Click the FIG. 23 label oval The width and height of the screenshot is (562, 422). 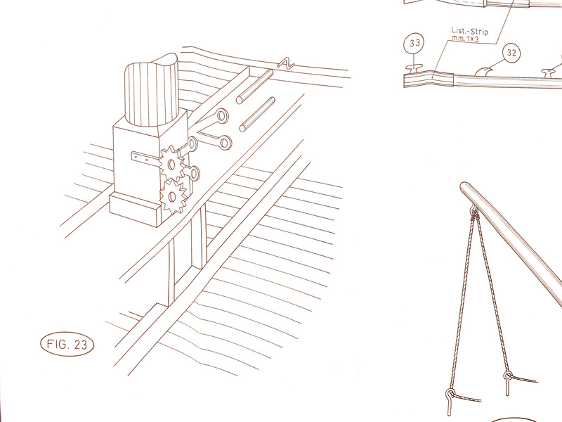pos(67,344)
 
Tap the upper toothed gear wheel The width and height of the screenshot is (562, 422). pos(171,164)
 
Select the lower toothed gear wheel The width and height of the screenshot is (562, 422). pos(173,197)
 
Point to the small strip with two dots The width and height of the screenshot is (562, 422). pos(145,157)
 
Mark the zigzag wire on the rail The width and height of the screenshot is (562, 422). pos(286,63)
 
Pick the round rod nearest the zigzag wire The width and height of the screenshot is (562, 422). pos(254,87)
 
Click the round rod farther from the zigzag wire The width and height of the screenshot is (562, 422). pos(257,114)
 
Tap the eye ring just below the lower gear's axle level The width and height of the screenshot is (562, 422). pos(193,173)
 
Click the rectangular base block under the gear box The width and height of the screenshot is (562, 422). pos(134,210)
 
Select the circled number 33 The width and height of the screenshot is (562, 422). pos(414,43)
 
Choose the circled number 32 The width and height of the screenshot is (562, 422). pos(511,53)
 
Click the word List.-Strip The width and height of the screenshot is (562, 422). pos(469,31)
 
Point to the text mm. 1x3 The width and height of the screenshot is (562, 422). pos(465,39)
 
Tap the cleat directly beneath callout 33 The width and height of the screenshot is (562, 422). pos(414,68)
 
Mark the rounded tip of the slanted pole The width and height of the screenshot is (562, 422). pos(464,186)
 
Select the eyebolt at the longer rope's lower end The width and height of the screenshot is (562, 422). pos(449,398)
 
